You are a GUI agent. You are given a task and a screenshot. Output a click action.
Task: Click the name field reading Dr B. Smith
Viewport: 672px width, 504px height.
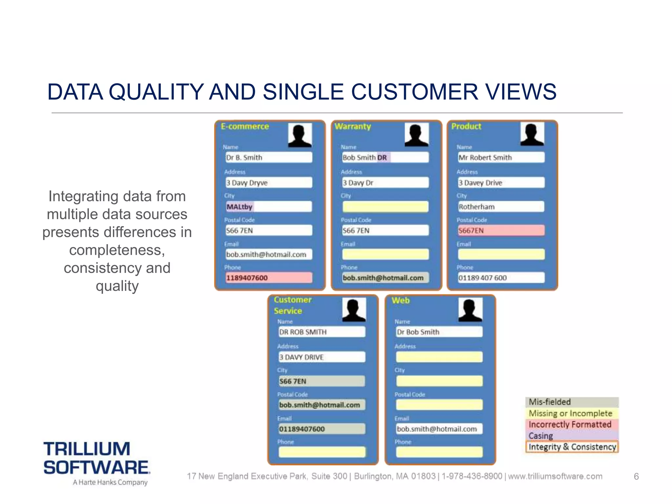[x=268, y=157]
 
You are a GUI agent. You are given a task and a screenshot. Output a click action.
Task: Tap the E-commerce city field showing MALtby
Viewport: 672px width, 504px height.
[x=268, y=207]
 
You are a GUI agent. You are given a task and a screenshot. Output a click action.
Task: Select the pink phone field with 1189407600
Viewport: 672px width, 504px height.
[x=268, y=278]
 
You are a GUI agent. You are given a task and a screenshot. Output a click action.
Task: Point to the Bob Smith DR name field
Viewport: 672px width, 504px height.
[x=385, y=157]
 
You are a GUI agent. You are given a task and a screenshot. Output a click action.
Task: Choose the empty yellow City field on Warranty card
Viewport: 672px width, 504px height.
[x=385, y=207]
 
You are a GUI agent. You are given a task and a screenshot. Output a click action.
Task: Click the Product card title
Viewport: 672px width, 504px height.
[x=466, y=126]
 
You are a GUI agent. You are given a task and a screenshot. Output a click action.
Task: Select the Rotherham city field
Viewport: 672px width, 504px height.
[x=501, y=207]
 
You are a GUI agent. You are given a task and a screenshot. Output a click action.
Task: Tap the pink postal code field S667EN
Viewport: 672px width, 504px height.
[x=501, y=230]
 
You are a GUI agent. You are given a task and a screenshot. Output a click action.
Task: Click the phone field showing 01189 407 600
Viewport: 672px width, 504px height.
[x=501, y=278]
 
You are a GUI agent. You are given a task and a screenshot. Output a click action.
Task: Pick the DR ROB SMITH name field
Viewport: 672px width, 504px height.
[x=322, y=332]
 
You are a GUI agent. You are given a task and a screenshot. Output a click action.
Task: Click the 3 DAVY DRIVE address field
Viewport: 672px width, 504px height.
[x=322, y=357]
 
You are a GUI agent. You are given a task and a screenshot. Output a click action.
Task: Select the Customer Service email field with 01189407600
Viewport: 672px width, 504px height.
[x=322, y=429]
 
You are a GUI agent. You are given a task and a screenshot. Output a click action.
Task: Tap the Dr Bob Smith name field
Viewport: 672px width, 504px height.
[x=439, y=332]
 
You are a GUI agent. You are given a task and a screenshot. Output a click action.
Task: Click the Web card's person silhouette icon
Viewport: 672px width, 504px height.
[x=470, y=309]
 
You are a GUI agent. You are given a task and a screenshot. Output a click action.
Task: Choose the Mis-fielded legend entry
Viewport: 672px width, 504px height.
[x=572, y=402]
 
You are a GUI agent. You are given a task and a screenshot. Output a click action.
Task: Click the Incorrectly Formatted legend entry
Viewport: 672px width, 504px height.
[x=572, y=425]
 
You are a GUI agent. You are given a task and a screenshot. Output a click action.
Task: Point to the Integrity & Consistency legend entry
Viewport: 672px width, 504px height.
[x=572, y=447]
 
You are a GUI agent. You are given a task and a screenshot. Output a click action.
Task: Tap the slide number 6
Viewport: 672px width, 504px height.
[x=636, y=476]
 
